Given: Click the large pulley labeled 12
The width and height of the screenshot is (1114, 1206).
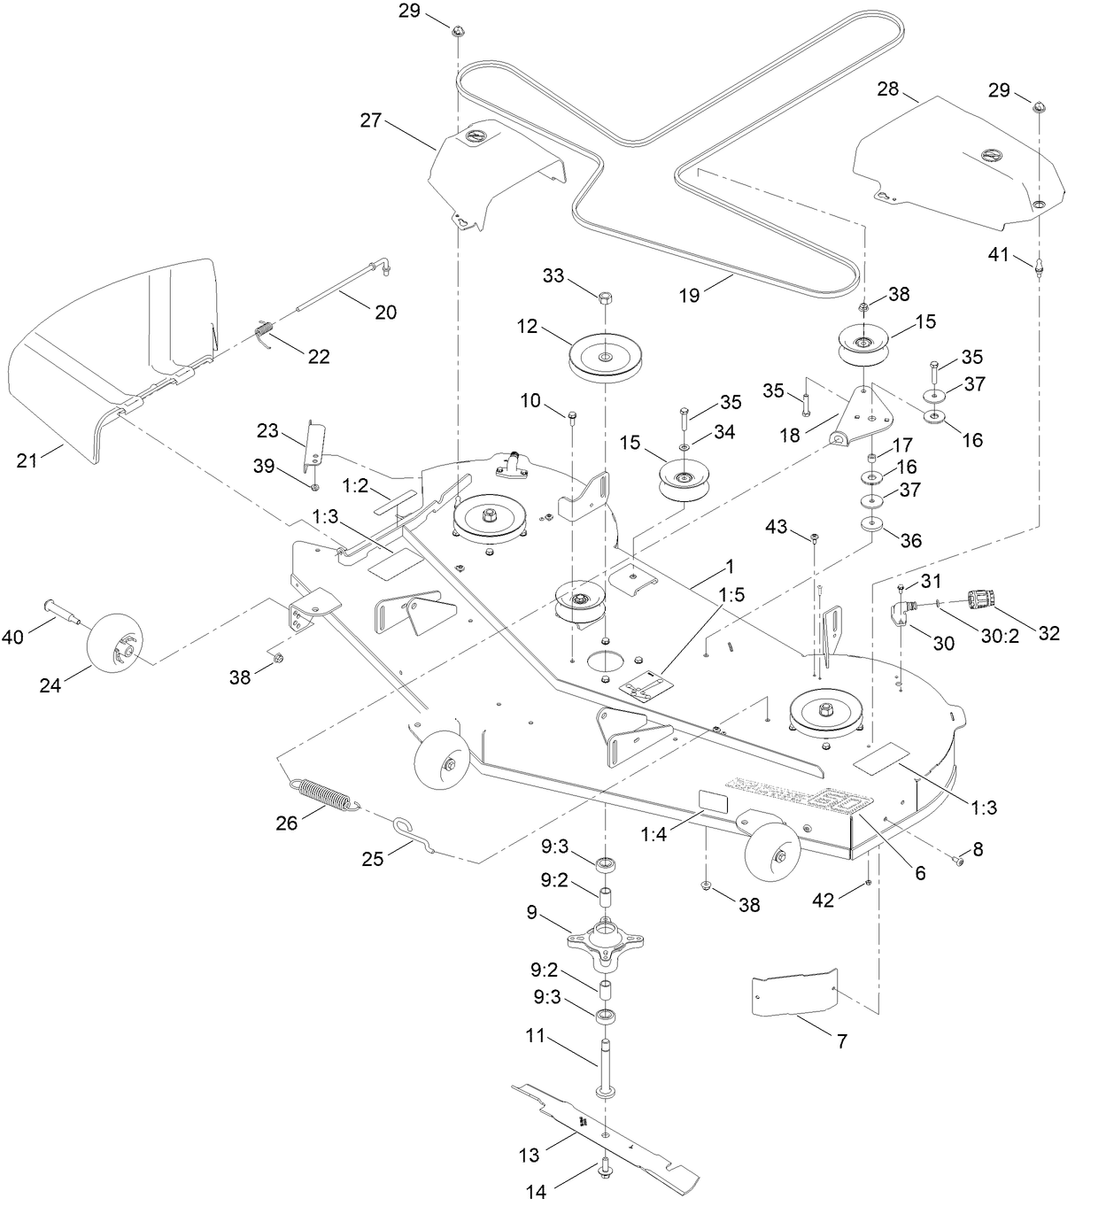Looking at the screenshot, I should tap(604, 357).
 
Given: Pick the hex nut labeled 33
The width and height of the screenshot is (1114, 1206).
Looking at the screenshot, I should tap(605, 297).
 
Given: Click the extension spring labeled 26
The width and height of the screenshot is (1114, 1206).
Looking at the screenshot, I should tap(324, 792).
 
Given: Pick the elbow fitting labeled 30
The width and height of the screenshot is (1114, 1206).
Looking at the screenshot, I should tap(904, 614).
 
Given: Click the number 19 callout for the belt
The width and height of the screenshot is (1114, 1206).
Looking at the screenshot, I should tap(689, 296).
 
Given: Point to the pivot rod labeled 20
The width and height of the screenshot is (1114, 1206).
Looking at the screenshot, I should tap(341, 284).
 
